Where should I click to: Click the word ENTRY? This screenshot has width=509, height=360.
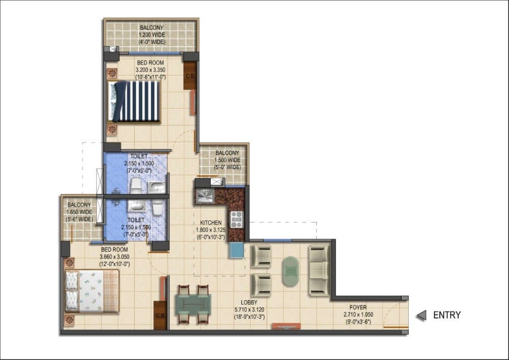(446, 315)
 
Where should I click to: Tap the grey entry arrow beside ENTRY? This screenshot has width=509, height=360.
(421, 316)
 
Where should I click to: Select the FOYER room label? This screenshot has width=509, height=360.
(358, 308)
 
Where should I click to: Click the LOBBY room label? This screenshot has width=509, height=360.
(249, 302)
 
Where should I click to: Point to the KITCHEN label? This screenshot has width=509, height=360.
(211, 223)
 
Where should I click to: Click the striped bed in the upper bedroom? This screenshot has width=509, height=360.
(136, 101)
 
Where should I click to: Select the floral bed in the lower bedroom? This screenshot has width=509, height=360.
(92, 291)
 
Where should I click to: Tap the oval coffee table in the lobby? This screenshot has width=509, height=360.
(291, 271)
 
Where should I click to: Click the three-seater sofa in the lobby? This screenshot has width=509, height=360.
(319, 270)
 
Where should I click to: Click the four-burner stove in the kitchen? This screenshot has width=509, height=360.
(237, 219)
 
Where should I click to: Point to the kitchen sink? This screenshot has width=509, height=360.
(204, 196)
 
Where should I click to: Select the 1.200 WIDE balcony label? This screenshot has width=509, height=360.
(152, 35)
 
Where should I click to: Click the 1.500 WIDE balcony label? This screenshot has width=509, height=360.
(227, 160)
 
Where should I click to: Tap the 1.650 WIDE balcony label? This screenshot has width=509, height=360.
(79, 212)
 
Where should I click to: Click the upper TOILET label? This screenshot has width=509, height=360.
(139, 156)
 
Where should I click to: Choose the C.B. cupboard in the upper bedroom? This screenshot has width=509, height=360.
(190, 75)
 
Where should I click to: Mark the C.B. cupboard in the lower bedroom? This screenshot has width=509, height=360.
(160, 315)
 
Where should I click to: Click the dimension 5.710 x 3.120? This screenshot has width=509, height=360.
(249, 309)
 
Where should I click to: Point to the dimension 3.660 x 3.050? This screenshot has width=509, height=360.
(115, 257)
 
